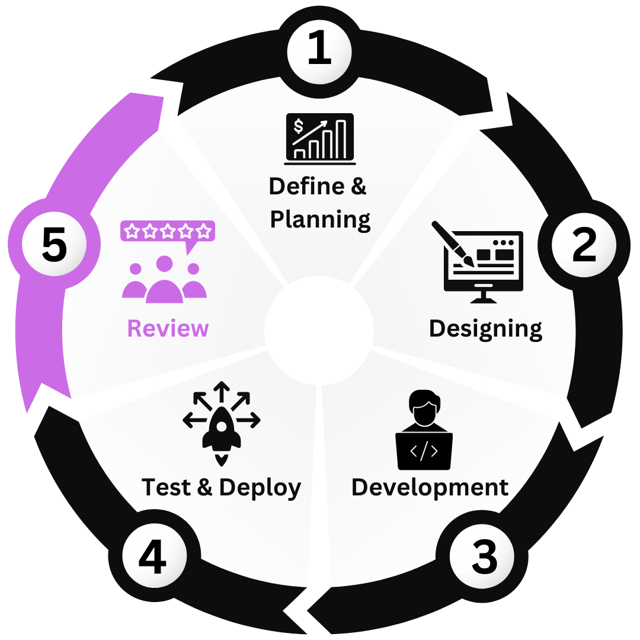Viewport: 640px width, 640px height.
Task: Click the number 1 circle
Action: pos(319,51)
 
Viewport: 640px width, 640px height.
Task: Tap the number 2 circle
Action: pos(584,245)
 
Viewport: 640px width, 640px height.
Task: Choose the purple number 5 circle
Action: pos(54,245)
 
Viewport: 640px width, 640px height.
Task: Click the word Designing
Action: pos(485,329)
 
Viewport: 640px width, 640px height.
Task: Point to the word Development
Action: pos(430,488)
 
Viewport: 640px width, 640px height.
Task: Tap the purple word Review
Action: pos(168,328)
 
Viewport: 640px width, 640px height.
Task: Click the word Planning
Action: pos(321,220)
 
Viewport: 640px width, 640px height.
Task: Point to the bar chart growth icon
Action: pos(320,138)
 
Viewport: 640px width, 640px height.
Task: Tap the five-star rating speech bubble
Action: pos(168,232)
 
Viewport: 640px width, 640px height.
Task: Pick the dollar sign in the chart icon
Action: pos(299,126)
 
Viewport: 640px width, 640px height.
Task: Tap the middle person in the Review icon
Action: pos(165,281)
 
